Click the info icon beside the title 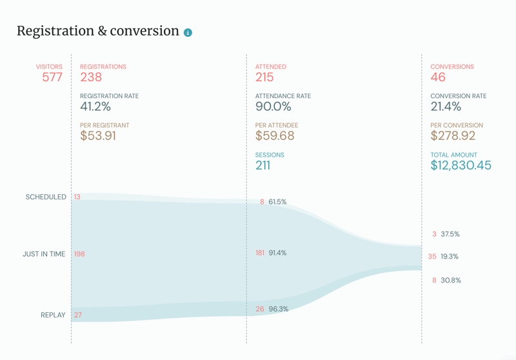pos(188,32)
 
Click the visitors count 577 pos(52,77)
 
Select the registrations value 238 pos(91,77)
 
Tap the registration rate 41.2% pos(95,106)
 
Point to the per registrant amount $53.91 pos(98,136)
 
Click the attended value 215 pos(264,77)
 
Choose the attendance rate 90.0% pos(273,106)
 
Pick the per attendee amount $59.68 pos(275,136)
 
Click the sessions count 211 pos(263,165)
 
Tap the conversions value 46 pos(438,77)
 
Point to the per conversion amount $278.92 pos(453,136)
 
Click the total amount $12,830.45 pos(461,165)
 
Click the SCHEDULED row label pos(46,197)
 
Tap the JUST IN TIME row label pos(44,254)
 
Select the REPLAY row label pos(53,315)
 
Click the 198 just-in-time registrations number pos(79,254)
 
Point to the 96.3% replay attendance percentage pos(279,309)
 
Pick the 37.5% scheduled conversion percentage pos(450,234)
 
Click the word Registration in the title pos(55,31)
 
